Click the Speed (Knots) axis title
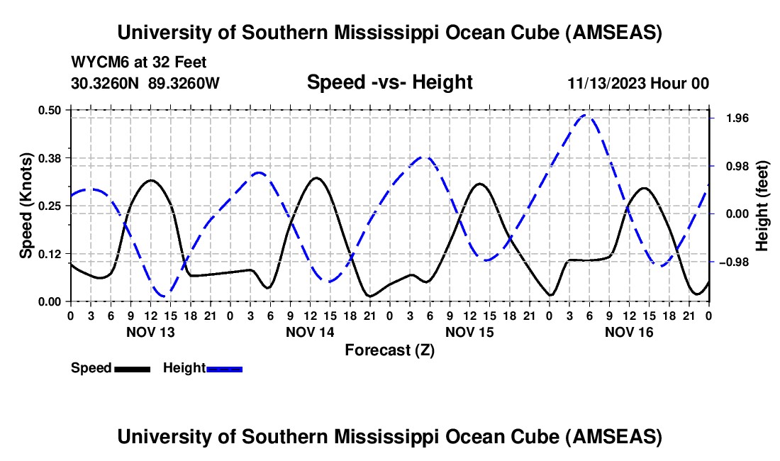pos(26,205)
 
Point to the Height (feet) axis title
pos(762,205)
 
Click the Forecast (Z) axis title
pos(389,350)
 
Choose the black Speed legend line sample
pos(132,369)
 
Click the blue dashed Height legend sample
pos(224,369)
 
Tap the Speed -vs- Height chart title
pos(389,82)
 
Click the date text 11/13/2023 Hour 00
pos(638,84)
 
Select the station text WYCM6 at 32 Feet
pos(139,63)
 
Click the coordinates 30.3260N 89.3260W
pos(145,83)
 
